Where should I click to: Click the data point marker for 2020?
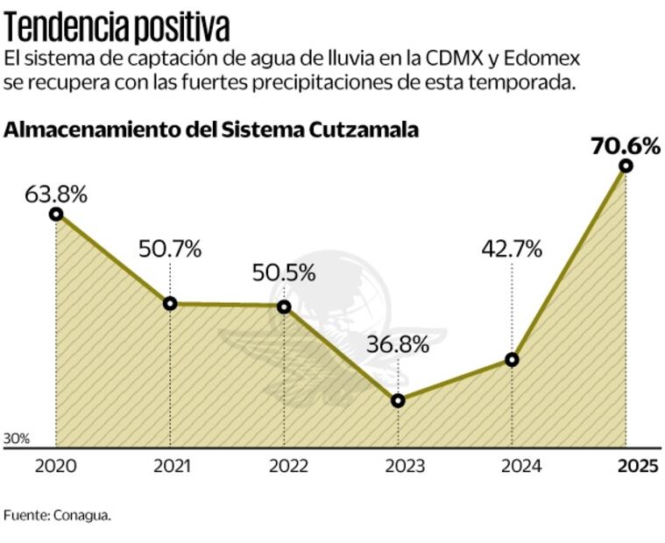tap(56, 214)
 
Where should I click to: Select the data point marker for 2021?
tap(170, 304)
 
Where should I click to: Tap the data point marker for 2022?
tap(284, 307)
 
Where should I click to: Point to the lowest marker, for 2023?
tap(398, 400)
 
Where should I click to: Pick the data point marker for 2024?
tap(512, 360)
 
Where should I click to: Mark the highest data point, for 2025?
tap(626, 166)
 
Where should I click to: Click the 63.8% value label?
tap(56, 194)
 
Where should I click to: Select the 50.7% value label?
tap(170, 249)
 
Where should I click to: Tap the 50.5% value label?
tap(284, 272)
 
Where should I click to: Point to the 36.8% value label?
tap(398, 344)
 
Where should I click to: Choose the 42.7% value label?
tap(512, 249)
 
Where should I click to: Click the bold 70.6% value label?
tap(626, 145)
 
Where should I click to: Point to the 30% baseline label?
tap(17, 438)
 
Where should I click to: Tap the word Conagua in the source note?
tap(84, 515)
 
